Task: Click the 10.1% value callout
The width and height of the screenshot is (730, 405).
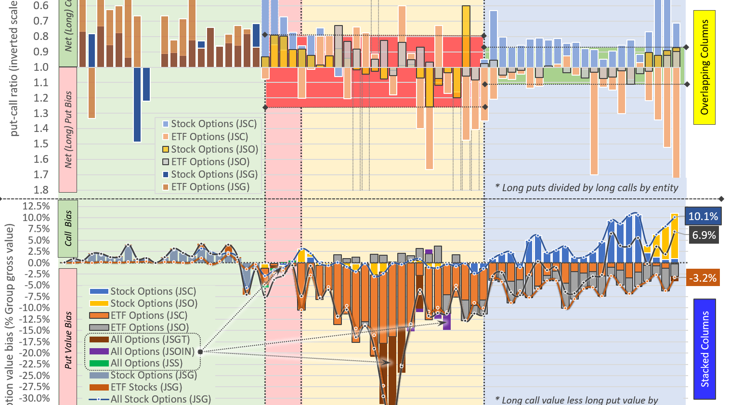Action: pyautogui.click(x=703, y=216)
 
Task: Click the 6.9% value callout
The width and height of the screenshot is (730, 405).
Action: pyautogui.click(x=704, y=235)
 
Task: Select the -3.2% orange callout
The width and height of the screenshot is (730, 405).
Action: pyautogui.click(x=703, y=278)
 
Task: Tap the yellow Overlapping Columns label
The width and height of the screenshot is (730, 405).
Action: pyautogui.click(x=704, y=67)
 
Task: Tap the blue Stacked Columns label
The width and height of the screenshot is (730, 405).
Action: pyautogui.click(x=704, y=349)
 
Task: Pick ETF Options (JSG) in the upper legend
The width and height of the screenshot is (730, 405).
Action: pyautogui.click(x=210, y=187)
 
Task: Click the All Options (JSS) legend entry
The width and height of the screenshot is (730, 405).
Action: pyautogui.click(x=146, y=363)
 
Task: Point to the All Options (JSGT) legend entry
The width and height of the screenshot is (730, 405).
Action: pyautogui.click(x=150, y=340)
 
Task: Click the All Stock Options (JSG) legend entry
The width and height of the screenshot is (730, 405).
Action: pyautogui.click(x=160, y=399)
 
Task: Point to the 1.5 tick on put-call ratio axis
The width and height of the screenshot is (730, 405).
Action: pyautogui.click(x=41, y=144)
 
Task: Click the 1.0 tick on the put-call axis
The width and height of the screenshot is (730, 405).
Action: pyautogui.click(x=41, y=67)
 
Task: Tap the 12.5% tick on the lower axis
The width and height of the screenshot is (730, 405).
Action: pyautogui.click(x=36, y=206)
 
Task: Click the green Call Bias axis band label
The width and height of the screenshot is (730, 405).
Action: pyautogui.click(x=68, y=228)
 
